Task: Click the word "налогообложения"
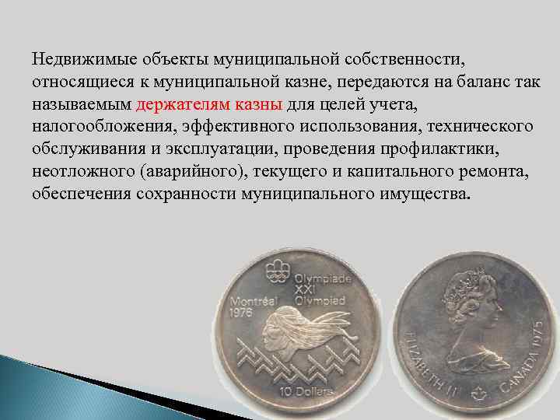point(92,126)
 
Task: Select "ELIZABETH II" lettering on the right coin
point(424,366)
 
